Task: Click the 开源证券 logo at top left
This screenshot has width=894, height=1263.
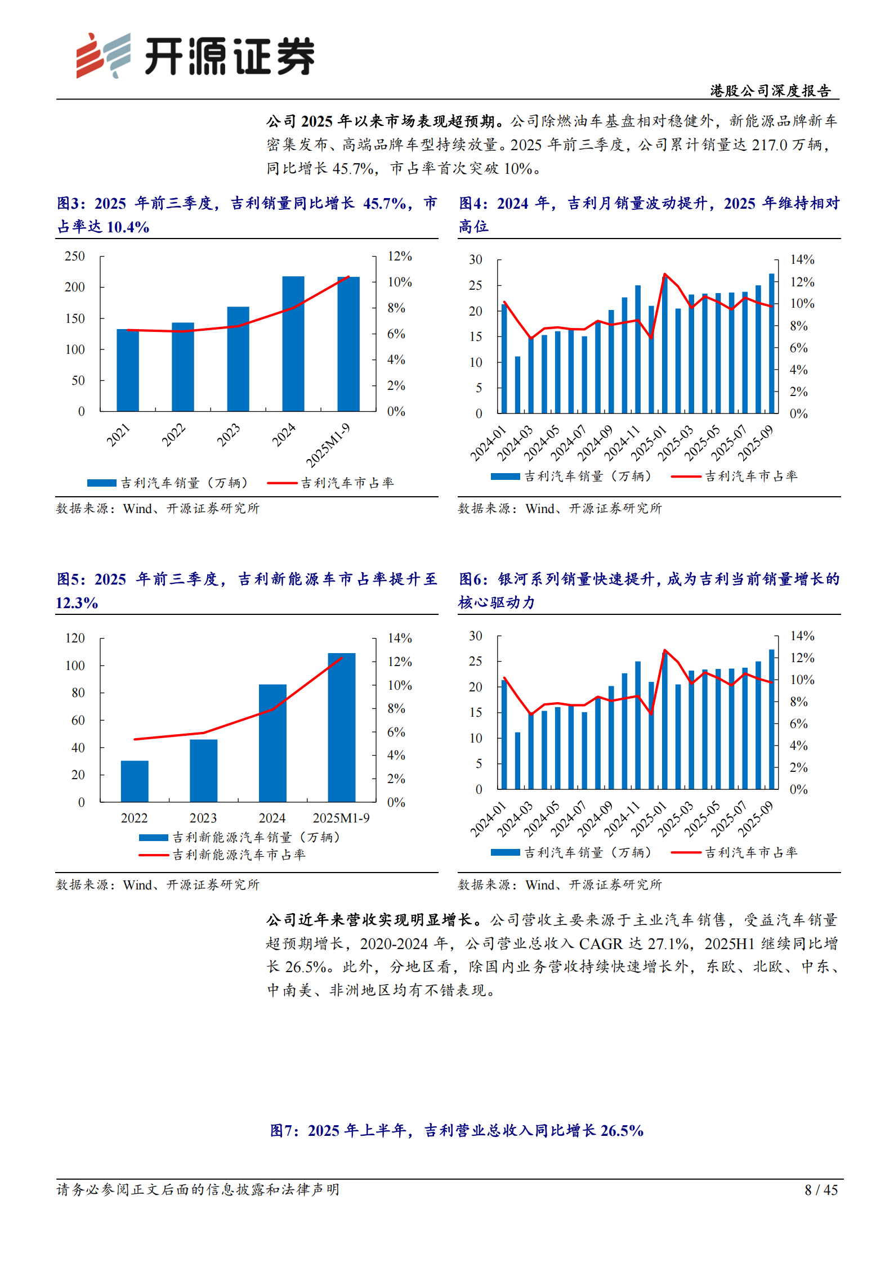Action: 195,56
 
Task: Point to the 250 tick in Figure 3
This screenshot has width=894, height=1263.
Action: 75,257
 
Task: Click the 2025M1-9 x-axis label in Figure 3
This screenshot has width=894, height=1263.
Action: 329,445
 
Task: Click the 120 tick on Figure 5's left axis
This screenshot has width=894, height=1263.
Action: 75,639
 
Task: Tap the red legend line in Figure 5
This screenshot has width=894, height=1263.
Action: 154,855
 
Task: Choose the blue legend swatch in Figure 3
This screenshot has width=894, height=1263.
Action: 102,483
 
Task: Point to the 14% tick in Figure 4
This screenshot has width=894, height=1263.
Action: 802,260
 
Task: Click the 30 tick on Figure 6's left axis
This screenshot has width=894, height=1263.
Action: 476,636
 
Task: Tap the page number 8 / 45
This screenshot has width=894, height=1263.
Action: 821,1190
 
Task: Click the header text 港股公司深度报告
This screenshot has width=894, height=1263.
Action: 770,91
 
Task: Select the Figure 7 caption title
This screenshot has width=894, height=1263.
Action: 457,1131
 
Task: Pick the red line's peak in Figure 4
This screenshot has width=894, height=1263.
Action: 665,274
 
